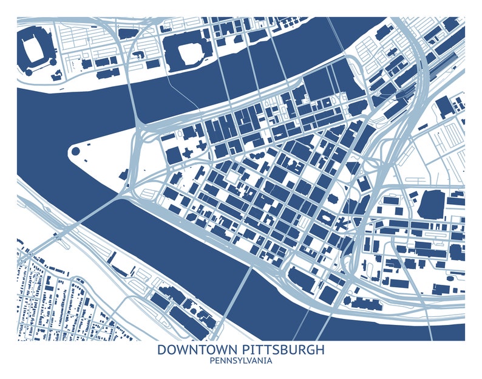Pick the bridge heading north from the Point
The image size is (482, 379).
[x=135, y=91]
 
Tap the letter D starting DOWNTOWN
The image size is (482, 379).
[x=161, y=350]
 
